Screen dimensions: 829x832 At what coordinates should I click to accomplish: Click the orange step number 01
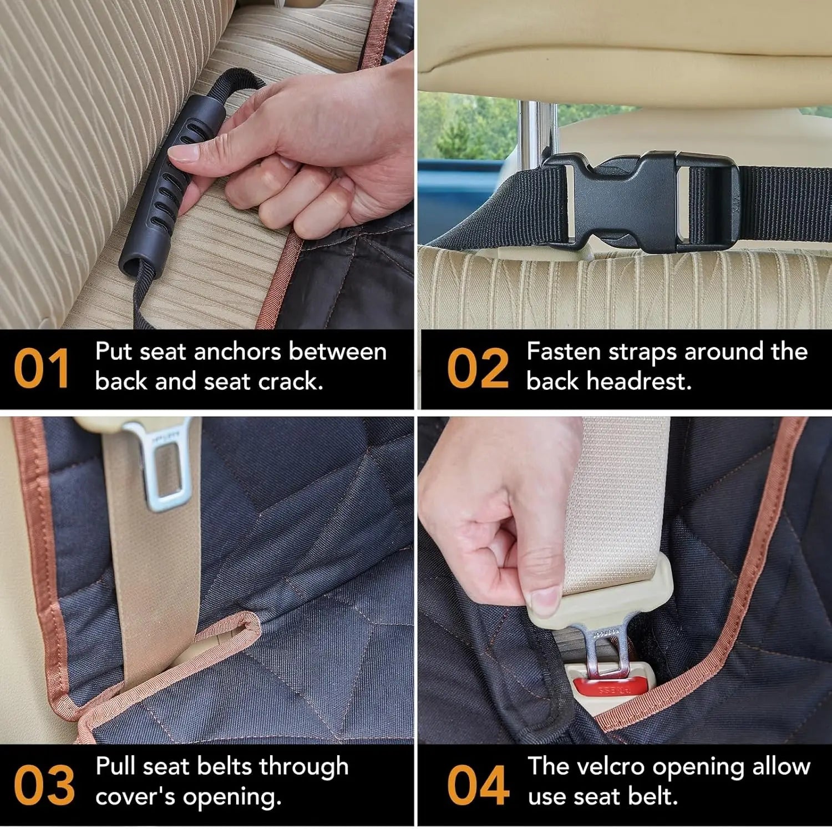(42, 369)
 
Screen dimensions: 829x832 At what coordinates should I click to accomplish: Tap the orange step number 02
(478, 369)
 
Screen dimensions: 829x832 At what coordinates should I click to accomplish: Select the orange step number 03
(44, 785)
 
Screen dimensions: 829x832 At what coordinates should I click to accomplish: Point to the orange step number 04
(478, 785)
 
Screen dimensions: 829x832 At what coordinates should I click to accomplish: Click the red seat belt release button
(610, 689)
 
